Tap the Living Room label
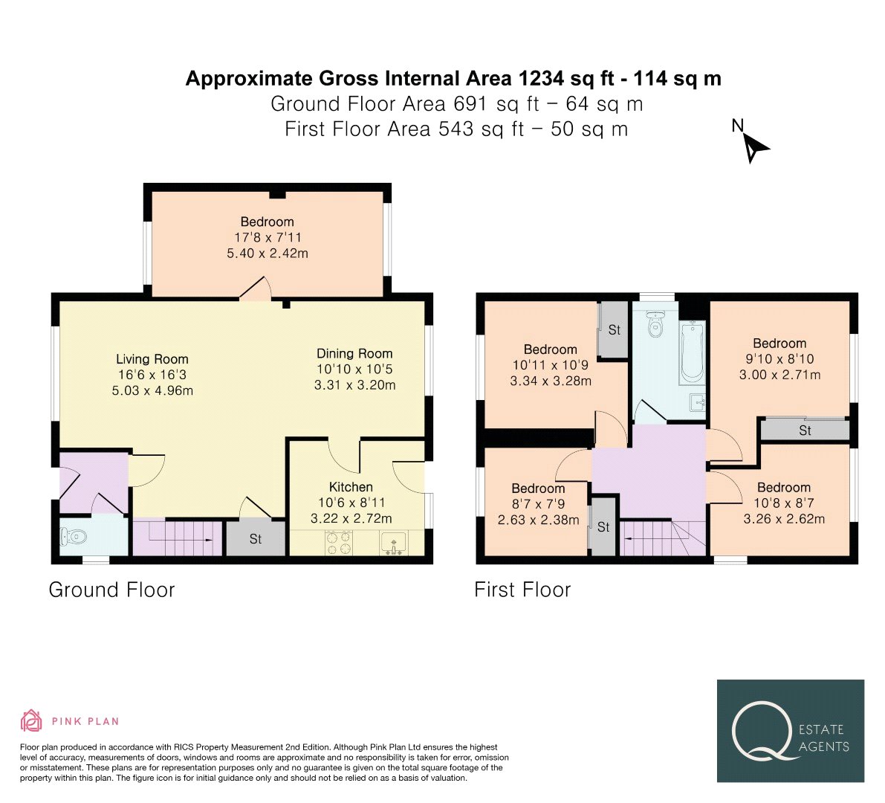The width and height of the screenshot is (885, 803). point(152,359)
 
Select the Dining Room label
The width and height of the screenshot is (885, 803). point(354,353)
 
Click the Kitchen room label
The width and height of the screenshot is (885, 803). point(351,487)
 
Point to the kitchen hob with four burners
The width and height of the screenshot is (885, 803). point(339,544)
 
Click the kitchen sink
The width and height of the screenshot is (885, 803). point(393,544)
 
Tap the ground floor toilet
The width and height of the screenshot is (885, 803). point(74,535)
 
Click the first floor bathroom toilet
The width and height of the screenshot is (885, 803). point(655,323)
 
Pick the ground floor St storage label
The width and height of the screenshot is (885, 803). point(256,539)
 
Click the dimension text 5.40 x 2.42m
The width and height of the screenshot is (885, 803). point(268,254)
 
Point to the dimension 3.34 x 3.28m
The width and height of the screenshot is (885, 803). point(551,381)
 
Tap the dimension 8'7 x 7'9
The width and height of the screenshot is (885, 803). point(539,504)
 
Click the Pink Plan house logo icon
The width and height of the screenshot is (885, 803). point(32,720)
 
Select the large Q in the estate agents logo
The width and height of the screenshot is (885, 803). point(763,731)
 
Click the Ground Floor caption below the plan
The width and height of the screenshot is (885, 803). point(111,590)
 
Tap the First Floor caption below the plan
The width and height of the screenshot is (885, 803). point(522,590)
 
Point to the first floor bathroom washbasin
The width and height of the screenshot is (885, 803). point(698,403)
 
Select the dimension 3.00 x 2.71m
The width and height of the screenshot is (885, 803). point(780,375)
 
